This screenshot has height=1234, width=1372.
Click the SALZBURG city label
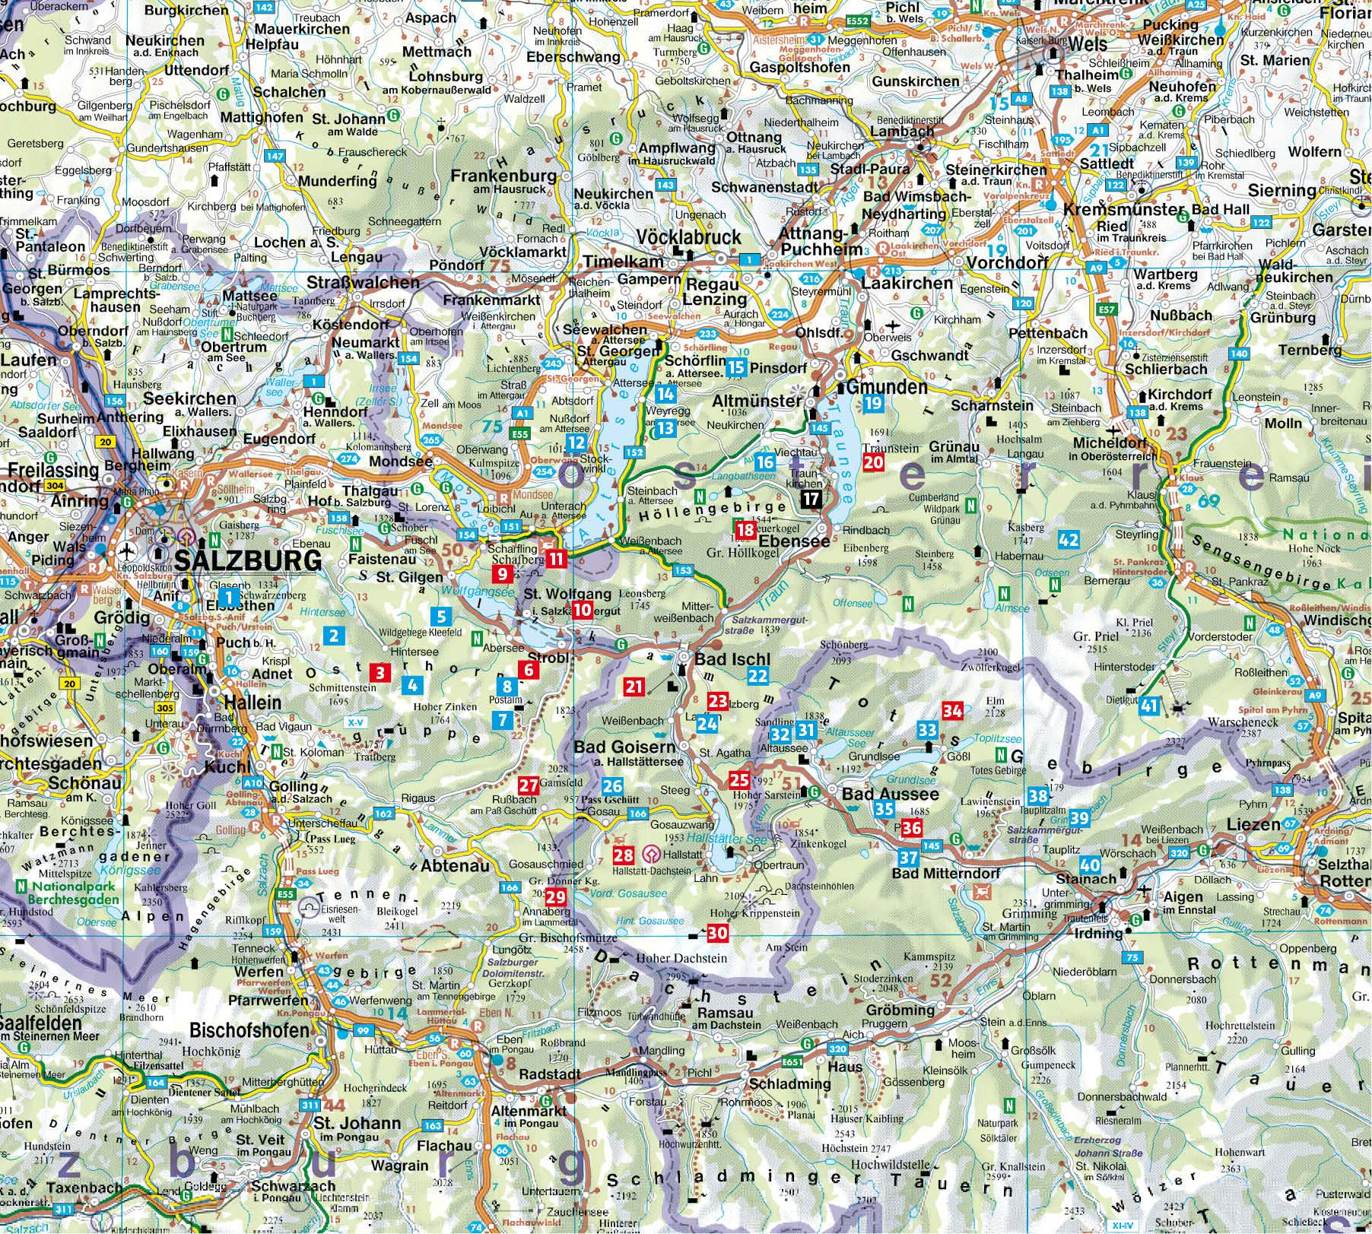point(248,560)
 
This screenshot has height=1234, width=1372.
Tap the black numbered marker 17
point(812,500)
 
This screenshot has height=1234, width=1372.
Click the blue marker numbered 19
point(872,404)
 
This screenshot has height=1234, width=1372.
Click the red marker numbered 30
point(717,934)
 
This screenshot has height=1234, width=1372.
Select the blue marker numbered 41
point(1148,706)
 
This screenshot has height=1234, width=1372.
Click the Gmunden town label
point(886,387)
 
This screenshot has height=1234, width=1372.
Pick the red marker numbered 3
point(380,672)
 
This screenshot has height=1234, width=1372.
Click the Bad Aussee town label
point(891,794)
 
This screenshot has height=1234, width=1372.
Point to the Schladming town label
point(790,1083)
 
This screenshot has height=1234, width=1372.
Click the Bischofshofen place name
point(249,1031)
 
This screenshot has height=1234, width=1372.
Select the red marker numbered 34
point(953,711)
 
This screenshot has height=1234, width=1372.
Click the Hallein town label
point(252,702)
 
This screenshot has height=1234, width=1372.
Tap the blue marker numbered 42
point(1069,540)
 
